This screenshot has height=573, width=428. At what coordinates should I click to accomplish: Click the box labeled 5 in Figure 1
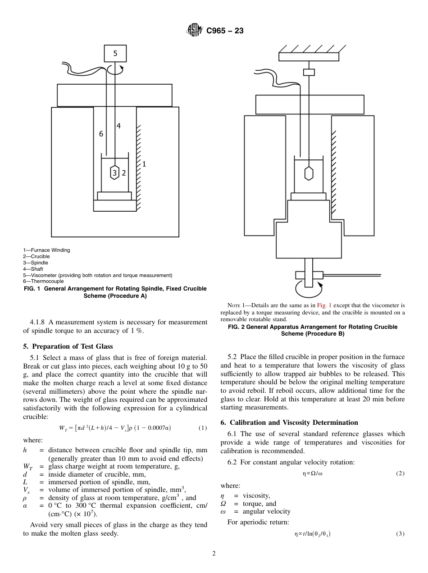[x=115, y=53]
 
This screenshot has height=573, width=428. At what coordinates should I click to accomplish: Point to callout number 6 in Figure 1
[x=101, y=134]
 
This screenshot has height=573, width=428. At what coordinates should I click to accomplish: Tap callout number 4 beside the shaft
[x=118, y=126]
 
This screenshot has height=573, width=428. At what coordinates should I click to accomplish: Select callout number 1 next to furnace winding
[x=144, y=164]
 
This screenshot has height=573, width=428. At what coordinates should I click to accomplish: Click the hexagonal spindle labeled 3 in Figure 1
[x=115, y=173]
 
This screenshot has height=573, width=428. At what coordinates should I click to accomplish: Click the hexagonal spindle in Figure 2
[x=309, y=173]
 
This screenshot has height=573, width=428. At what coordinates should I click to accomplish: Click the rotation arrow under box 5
[x=118, y=70]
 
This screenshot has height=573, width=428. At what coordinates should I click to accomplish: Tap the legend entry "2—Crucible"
[x=37, y=256]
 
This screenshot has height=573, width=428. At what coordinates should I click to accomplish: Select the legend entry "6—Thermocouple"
[x=43, y=281]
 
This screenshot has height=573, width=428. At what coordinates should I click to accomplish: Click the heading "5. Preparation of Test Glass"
[x=68, y=346]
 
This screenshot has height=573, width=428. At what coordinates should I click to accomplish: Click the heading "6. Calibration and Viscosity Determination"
[x=289, y=423]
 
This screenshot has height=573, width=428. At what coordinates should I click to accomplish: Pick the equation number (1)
[x=203, y=427]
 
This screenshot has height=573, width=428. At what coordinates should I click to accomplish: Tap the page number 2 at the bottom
[x=214, y=554]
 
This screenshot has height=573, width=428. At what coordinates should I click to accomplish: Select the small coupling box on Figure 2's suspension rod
[x=309, y=72]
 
